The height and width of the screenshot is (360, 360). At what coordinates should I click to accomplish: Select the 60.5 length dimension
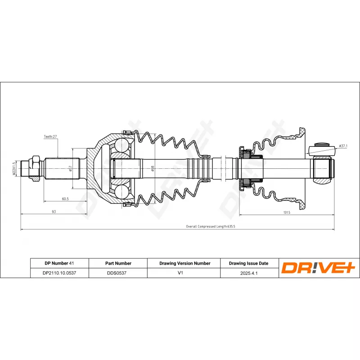click(x=65, y=198)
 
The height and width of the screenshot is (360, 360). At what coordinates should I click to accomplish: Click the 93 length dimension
click(x=54, y=211)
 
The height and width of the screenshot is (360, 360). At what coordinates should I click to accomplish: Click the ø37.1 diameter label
click(x=343, y=146)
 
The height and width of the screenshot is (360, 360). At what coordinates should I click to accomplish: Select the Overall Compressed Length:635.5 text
click(x=211, y=227)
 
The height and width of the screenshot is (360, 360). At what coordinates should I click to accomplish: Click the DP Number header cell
click(x=59, y=263)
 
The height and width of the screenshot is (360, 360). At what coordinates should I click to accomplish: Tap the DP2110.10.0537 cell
click(x=59, y=273)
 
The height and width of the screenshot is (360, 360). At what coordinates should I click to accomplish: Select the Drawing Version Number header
click(x=184, y=263)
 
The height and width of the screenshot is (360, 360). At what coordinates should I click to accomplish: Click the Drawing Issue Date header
click(x=248, y=263)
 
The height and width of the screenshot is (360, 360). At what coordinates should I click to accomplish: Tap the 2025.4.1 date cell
click(x=248, y=273)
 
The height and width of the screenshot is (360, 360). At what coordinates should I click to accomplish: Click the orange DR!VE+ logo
click(x=319, y=268)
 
